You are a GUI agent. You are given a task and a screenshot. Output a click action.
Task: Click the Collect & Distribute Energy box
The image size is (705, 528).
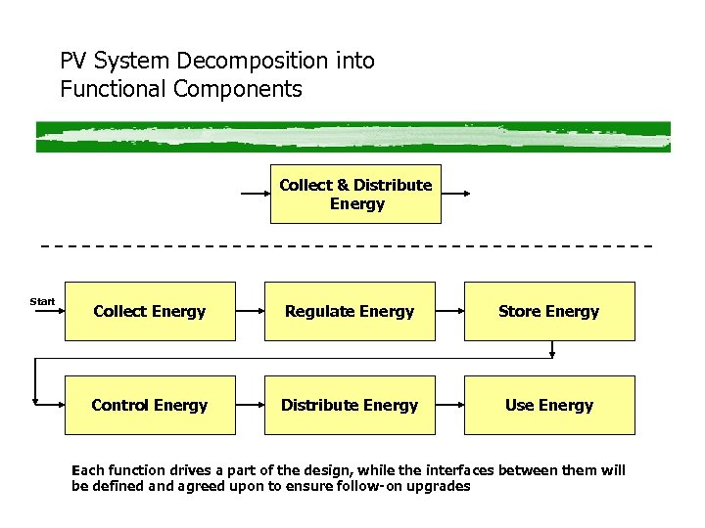click(355, 195)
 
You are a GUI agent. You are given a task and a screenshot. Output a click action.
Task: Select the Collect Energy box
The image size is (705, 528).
click(150, 311)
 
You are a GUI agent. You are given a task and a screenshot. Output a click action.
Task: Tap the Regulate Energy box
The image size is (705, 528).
click(350, 311)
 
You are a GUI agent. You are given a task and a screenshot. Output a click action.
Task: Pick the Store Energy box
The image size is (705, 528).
click(548, 311)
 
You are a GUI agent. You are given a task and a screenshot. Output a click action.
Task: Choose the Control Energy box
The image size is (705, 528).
click(150, 405)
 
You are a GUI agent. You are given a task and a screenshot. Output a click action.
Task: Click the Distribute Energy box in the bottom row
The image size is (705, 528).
click(350, 405)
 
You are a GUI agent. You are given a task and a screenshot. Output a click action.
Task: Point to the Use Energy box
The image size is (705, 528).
click(548, 405)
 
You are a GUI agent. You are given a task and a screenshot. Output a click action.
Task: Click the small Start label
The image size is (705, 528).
click(43, 301)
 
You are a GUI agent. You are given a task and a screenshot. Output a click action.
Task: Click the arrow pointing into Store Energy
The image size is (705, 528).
click(448, 311)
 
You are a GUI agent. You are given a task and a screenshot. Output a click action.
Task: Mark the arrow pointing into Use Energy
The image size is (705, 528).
click(448, 405)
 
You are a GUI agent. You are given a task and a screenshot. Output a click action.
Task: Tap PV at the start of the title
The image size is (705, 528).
click(73, 61)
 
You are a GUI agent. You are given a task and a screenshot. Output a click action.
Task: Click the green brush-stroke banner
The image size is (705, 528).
click(352, 136)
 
